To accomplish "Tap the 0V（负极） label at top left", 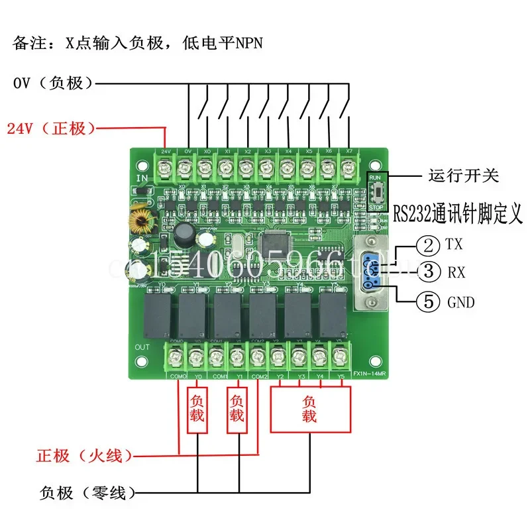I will [53, 83].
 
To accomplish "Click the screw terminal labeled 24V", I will [166, 168].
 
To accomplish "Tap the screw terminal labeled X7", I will [348, 168].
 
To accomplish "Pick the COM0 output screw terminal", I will [178, 358].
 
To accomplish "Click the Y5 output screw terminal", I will [340, 358].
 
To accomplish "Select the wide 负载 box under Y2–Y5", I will [309, 409].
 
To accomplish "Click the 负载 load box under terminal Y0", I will [198, 409].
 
